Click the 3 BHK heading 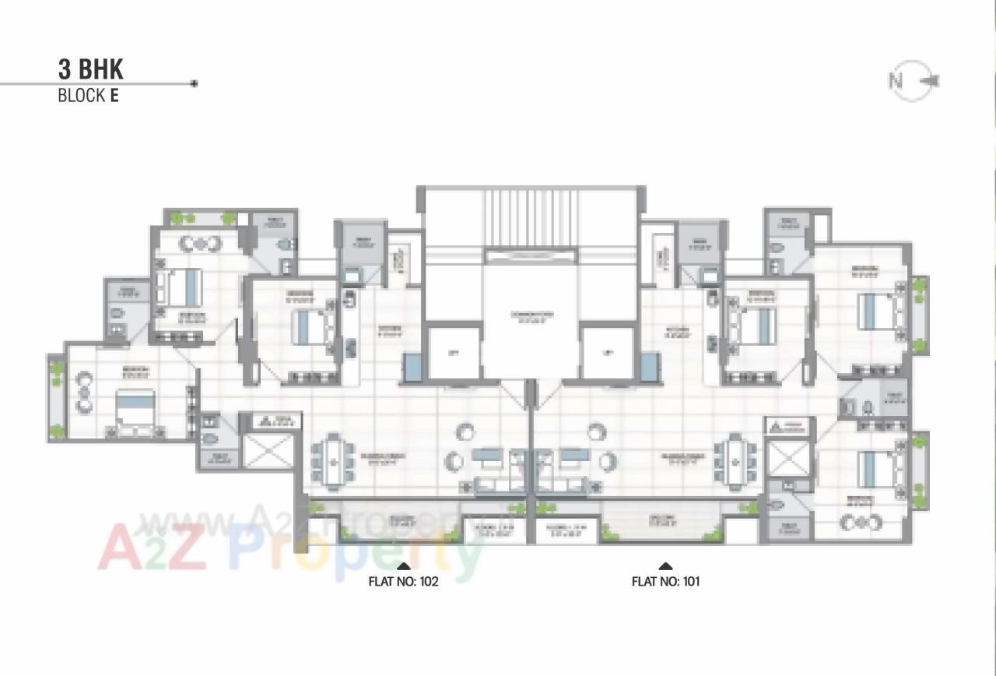[90, 69]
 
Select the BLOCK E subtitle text [88, 96]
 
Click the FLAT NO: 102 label [403, 581]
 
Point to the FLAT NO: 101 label [665, 581]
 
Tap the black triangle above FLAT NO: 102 [403, 566]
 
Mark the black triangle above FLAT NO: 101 [665, 566]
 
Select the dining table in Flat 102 [333, 463]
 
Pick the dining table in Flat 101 [735, 463]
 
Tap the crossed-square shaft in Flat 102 [268, 452]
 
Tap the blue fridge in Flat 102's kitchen [412, 367]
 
